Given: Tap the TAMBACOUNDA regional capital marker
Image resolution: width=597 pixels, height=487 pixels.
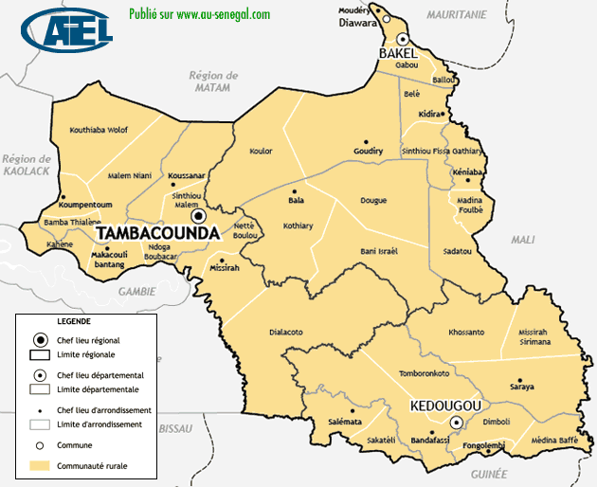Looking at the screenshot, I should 198,215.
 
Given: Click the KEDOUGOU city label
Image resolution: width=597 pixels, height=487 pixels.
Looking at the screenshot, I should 445,406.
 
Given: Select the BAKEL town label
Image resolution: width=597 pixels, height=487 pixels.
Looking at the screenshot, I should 399,54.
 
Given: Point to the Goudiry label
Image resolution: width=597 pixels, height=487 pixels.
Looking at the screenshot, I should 368,151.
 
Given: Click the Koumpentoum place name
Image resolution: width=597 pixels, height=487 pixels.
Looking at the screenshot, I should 85,205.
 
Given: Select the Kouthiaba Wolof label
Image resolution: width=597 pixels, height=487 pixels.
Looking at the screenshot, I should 99,130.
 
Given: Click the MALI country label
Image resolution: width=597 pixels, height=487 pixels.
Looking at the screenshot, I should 522,240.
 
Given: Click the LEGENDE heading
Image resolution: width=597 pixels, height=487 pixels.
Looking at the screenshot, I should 74,322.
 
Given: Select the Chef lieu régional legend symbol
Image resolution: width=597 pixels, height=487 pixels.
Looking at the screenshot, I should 40,340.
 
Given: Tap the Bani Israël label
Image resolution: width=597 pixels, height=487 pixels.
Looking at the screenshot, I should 379,251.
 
